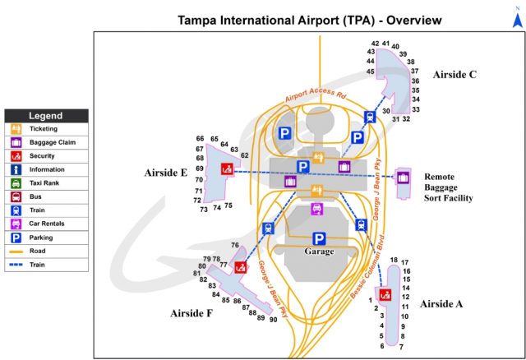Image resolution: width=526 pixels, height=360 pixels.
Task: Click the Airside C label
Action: [x=454, y=74]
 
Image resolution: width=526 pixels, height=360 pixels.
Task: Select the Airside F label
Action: [x=192, y=312]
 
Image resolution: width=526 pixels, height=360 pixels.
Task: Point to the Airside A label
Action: [x=441, y=304]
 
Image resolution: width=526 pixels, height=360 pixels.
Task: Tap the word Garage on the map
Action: [x=319, y=252]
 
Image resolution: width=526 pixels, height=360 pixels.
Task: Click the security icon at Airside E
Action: [x=226, y=169]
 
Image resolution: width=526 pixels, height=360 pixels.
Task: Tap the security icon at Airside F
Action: [x=241, y=267]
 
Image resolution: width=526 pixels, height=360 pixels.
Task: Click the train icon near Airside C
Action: [x=370, y=117]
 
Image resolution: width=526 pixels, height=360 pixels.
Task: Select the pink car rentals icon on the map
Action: [x=316, y=209]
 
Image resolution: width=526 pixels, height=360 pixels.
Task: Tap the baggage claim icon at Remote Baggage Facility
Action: [x=403, y=176]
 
